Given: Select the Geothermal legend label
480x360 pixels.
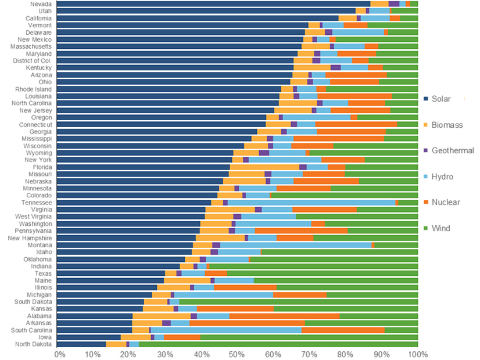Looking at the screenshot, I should coord(453,150).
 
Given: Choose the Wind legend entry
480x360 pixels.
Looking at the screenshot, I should coord(442,228).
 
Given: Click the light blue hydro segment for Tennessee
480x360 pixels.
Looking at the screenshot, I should coord(311,203).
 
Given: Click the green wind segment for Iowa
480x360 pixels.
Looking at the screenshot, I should coord(309,337).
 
